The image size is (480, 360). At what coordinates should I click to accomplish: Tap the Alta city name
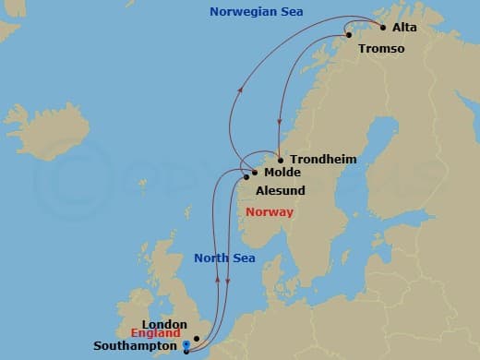pos(404,28)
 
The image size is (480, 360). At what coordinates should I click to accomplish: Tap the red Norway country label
pos(270,212)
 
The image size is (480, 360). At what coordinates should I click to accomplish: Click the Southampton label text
pos(135,347)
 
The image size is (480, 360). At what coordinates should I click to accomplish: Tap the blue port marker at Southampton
pos(186,348)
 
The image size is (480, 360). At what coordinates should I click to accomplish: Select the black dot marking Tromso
pos(348,36)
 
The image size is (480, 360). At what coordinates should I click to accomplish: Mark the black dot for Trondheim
pos(280,160)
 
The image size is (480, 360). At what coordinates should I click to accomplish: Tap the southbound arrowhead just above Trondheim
pos(279,130)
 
